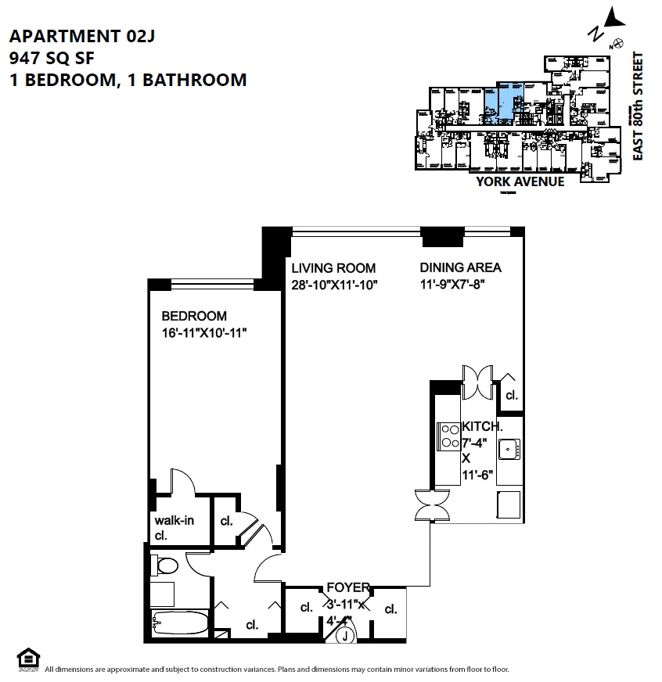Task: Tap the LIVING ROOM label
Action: [333, 267]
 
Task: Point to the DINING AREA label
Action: [460, 267]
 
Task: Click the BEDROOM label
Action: [194, 316]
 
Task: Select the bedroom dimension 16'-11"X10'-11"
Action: [210, 333]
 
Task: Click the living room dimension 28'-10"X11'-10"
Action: [335, 285]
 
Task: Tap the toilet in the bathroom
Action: [167, 565]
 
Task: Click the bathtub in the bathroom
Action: [179, 624]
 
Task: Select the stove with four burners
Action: [450, 436]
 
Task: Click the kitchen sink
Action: [509, 449]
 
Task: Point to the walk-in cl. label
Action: [174, 527]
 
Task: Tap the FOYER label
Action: [348, 587]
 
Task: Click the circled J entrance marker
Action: [344, 637]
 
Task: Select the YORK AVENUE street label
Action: [520, 181]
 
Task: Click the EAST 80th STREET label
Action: [638, 106]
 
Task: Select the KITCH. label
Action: [482, 427]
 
